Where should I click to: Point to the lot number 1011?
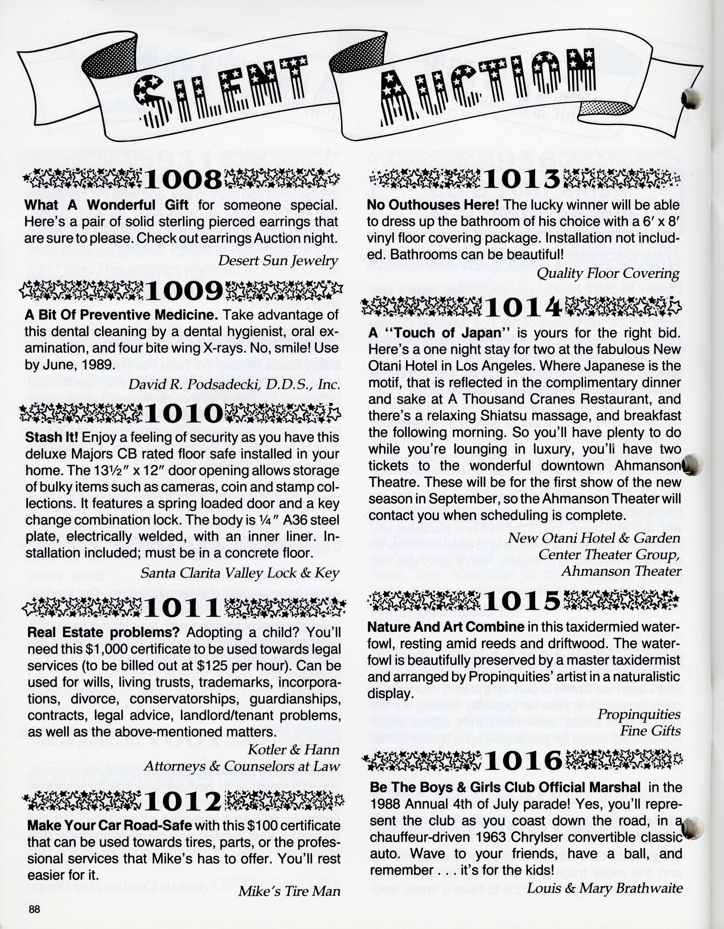[183, 609]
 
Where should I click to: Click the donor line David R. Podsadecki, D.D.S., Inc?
[234, 385]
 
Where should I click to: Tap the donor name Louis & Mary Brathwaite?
[605, 888]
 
